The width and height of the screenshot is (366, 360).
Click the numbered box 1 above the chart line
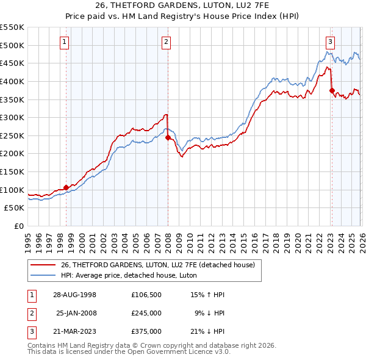pos(65,42)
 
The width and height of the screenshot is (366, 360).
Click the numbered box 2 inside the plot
pos(166,42)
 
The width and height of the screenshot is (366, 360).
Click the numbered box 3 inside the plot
pos(330,42)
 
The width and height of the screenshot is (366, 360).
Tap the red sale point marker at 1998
pos(66,187)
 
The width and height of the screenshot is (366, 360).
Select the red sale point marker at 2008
pos(168,138)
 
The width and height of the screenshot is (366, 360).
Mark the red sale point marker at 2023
pos(332,91)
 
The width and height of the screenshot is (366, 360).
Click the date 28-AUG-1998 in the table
pos(75,295)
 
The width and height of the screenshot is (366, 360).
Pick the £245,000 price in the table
pos(146,313)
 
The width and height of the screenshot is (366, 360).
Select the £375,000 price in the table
pos(146,331)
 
